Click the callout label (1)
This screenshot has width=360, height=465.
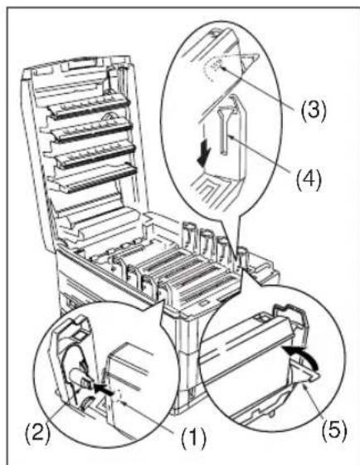click(193, 438)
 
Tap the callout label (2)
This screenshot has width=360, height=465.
click(37, 434)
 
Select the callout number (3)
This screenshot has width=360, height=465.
click(314, 110)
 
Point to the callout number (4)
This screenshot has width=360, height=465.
click(309, 179)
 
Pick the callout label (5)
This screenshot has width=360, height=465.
click(334, 428)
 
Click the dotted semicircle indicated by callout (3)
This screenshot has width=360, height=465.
click(213, 68)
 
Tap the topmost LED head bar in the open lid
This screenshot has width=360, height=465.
click(89, 106)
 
